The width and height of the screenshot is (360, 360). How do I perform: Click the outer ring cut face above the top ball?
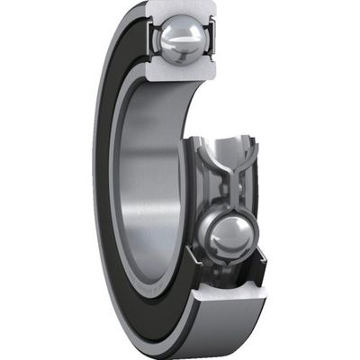point(181,10)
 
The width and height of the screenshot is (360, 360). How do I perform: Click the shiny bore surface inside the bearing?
point(148,180)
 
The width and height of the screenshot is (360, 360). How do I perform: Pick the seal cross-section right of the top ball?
point(211,40)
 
